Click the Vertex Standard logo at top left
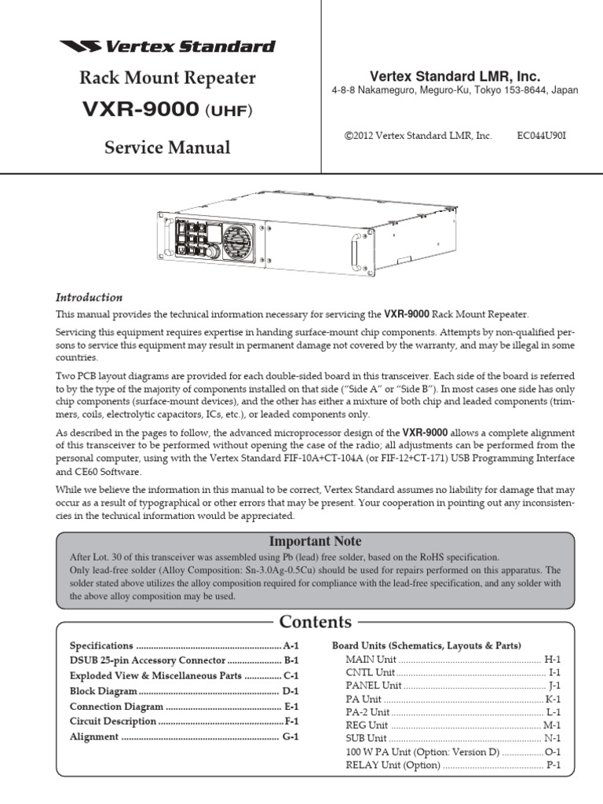tap(167, 46)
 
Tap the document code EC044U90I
tap(541, 136)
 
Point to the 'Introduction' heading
tap(89, 298)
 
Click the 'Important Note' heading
tap(315, 541)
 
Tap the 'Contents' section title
tap(315, 623)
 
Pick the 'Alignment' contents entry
tap(94, 736)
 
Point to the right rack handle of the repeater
tap(354, 252)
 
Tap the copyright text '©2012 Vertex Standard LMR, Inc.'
tap(418, 136)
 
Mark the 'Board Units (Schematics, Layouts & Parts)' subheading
tap(426, 645)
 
